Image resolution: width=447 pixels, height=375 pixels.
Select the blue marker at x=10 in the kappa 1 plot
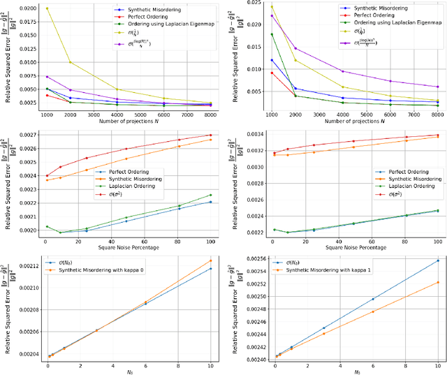[x=438, y=260]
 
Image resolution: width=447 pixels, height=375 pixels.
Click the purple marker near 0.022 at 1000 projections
[x=272, y=15]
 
